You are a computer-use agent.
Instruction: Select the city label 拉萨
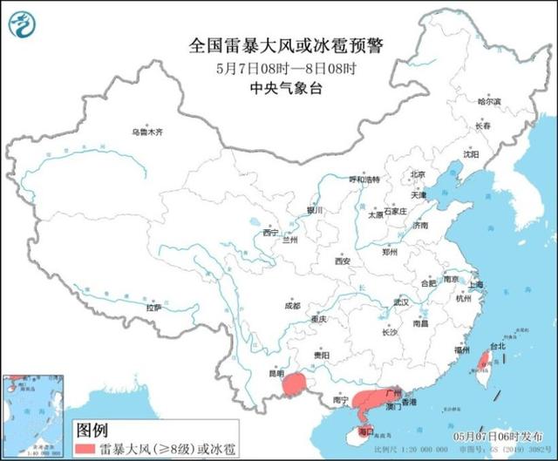click(x=153, y=308)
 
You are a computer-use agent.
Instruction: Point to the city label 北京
click(x=418, y=174)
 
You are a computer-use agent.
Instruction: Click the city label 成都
click(x=291, y=306)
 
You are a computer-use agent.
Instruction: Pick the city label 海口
click(x=366, y=430)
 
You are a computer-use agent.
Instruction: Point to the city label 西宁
click(x=269, y=233)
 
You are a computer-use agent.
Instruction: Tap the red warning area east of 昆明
click(x=297, y=383)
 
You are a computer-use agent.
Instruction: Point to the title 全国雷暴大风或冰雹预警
click(x=289, y=44)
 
